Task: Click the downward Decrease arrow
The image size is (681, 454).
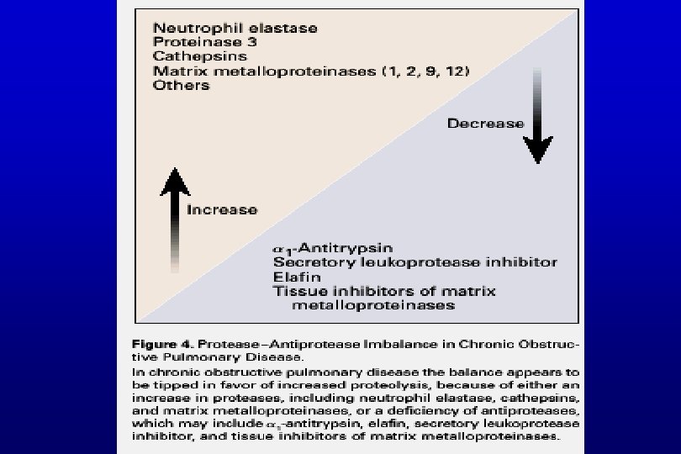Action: (x=537, y=118)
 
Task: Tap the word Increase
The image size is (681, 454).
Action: (x=222, y=209)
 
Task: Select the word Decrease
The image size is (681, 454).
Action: (x=485, y=124)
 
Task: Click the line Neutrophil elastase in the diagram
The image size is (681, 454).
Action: (x=235, y=28)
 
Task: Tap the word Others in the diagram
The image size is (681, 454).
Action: (x=181, y=85)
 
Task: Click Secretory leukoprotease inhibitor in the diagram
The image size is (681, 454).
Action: (x=414, y=262)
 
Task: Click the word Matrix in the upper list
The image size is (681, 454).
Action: (x=174, y=71)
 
